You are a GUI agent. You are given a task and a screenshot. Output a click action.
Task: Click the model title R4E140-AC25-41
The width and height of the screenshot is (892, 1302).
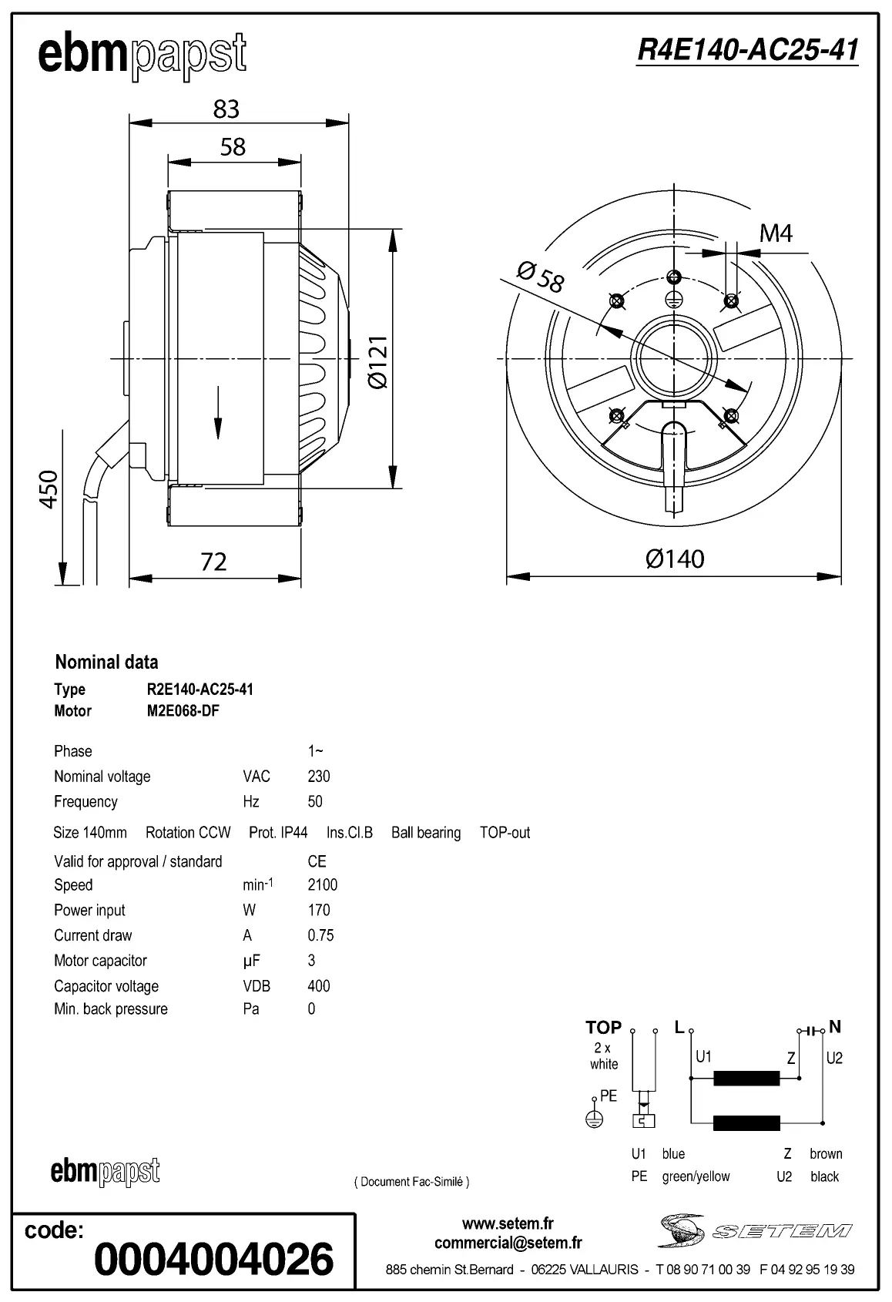click(747, 50)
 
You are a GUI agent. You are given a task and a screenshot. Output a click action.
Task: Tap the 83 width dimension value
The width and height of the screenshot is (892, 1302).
click(226, 109)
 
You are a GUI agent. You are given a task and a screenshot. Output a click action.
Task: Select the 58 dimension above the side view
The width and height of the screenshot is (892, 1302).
click(233, 146)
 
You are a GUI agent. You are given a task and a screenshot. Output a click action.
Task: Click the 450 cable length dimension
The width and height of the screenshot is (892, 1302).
click(49, 488)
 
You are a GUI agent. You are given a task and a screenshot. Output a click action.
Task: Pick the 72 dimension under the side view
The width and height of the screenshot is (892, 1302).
click(213, 562)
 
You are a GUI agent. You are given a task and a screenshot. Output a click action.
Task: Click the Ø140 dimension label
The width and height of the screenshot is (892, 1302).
click(675, 559)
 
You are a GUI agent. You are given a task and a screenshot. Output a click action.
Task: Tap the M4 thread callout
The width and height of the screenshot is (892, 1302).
click(776, 233)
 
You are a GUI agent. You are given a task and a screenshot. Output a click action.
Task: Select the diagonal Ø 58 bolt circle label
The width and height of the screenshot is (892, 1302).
click(540, 277)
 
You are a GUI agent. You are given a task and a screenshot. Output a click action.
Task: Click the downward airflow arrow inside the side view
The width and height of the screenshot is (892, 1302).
click(218, 413)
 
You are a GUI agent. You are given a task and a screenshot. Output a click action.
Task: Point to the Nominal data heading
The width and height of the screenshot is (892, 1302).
click(106, 662)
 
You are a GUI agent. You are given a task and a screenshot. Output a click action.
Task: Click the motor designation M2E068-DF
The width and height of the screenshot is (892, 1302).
click(183, 710)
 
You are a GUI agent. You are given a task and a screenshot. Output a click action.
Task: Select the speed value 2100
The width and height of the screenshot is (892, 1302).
click(322, 884)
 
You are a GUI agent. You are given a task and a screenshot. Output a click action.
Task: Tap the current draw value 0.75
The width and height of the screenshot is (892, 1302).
click(320, 935)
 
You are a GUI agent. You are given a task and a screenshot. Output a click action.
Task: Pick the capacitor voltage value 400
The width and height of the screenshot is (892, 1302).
click(318, 986)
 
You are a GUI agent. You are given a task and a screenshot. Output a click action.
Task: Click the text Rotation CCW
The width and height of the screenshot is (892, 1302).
click(188, 833)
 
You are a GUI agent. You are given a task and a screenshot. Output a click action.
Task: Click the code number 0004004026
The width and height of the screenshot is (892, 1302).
click(213, 1259)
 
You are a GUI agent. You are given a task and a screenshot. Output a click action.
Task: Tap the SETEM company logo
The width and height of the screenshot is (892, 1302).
click(755, 1230)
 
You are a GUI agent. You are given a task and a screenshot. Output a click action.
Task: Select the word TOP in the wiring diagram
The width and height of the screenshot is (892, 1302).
click(603, 1027)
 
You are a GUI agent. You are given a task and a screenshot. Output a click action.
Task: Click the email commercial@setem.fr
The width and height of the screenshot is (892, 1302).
click(508, 1243)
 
